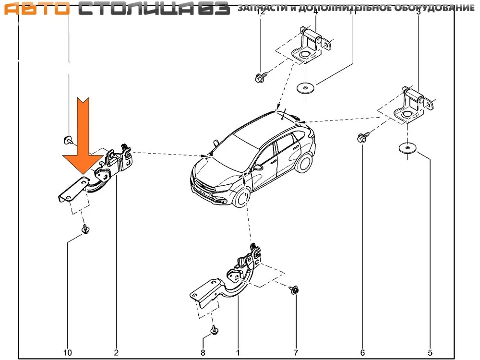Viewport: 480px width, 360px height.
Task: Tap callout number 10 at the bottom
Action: coord(68,353)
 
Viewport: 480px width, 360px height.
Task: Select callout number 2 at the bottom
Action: coord(116,353)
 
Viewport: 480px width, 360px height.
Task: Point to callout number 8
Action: coord(203,353)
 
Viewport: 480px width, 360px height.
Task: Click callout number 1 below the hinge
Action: coord(238,353)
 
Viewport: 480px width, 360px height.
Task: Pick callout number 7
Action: coord(296,353)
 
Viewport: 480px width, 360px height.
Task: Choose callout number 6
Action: coord(362,353)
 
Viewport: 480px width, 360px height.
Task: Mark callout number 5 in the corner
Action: coord(430,353)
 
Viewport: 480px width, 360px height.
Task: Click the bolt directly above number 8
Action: coord(214,331)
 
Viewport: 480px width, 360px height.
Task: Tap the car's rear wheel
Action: coord(303,163)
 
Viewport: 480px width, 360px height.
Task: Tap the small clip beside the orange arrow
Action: coord(68,140)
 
